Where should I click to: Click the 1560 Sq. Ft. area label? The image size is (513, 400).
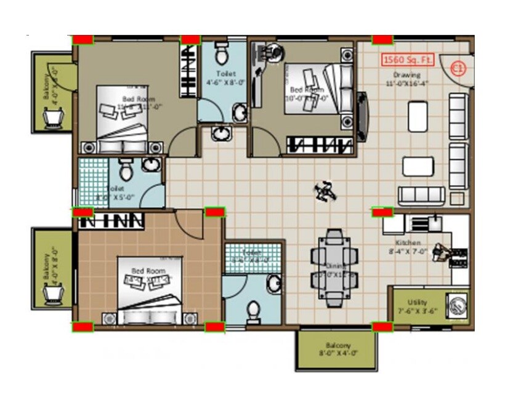point(408,60)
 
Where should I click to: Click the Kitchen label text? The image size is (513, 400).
point(408,247)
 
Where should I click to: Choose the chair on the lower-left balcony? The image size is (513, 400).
point(53,294)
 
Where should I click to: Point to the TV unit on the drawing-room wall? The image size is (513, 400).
point(362,116)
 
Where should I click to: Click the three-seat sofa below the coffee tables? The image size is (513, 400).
point(421,195)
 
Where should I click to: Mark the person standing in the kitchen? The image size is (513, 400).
point(441,252)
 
